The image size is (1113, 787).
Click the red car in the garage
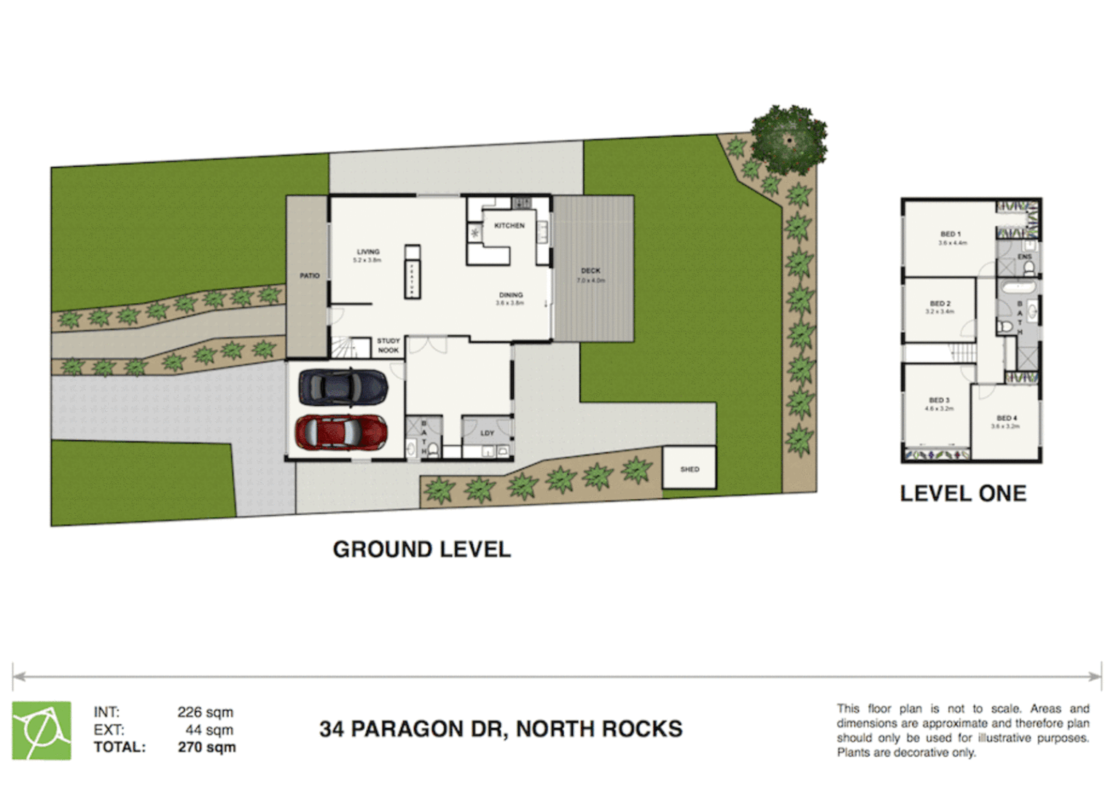[x=340, y=432]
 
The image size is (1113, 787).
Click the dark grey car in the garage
[x=343, y=386]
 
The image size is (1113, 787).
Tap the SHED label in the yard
[x=690, y=469]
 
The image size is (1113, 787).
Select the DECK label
[x=590, y=271]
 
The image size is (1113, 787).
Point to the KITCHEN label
[x=509, y=226]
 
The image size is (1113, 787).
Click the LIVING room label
[x=367, y=252]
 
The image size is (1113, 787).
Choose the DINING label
[x=510, y=295]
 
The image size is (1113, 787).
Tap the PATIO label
[x=310, y=276]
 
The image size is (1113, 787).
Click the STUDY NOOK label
[x=388, y=345]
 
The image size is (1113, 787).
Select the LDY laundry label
[x=488, y=433]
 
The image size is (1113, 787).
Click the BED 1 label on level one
[x=950, y=235]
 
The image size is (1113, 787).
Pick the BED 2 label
[x=940, y=304]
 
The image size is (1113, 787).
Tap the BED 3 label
[x=940, y=401]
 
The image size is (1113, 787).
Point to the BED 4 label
[x=1007, y=418]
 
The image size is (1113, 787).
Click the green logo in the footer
[x=42, y=730]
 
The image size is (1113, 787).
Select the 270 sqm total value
[x=207, y=747]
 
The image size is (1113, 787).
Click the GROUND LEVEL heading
[x=421, y=549]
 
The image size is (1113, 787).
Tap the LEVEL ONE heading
[x=963, y=493]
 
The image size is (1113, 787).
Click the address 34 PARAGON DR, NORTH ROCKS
[x=501, y=729]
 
